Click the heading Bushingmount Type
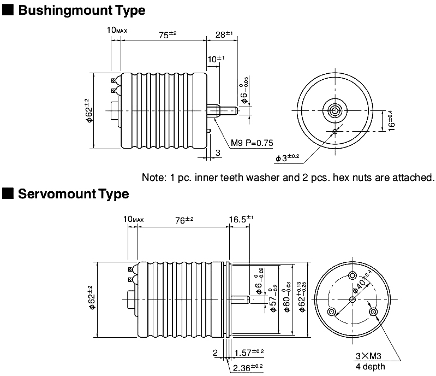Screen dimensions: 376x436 pyautogui.click(x=82, y=10)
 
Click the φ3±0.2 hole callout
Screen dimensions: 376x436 pyautogui.click(x=288, y=158)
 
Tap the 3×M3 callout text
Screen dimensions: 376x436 pyautogui.click(x=369, y=356)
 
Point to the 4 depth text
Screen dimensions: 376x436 pyautogui.click(x=369, y=366)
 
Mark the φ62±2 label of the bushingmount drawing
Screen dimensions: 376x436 pyautogui.click(x=87, y=111)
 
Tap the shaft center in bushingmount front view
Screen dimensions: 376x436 pyautogui.click(x=334, y=110)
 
